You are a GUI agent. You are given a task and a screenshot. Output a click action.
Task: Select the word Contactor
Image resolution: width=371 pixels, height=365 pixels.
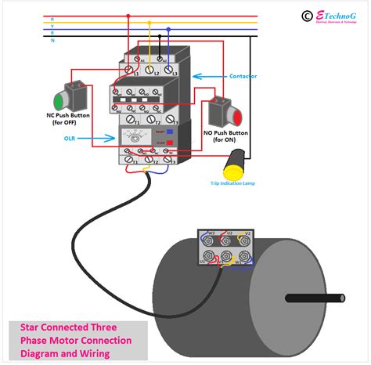pyautogui.click(x=243, y=77)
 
